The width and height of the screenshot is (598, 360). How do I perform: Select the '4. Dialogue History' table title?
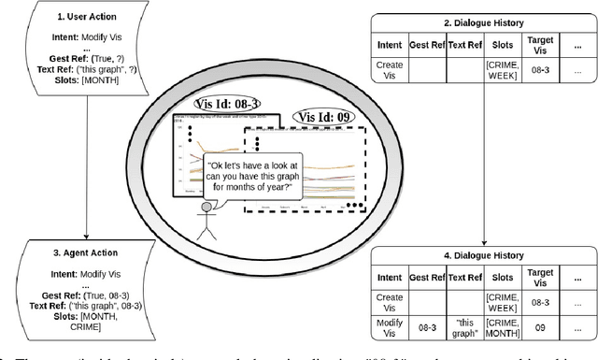[x=484, y=255]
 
